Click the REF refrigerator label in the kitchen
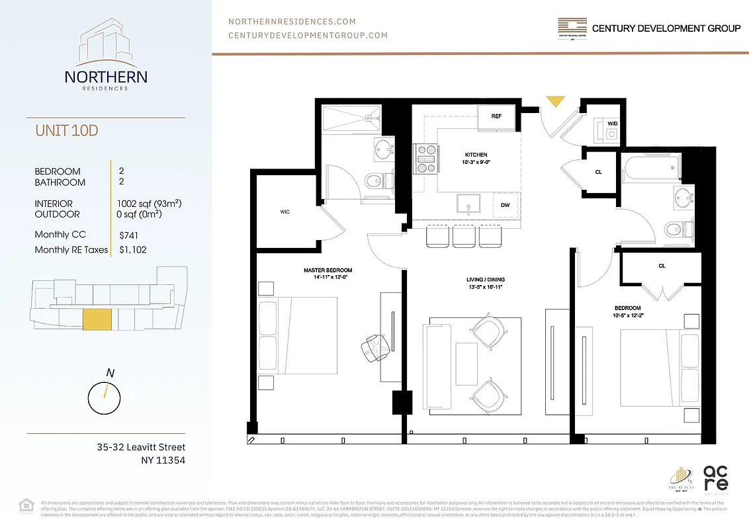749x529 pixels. click(496, 116)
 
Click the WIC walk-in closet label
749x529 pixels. click(285, 212)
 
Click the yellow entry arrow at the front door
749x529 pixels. click(554, 101)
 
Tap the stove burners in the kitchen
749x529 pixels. click(425, 155)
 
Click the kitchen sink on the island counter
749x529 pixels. click(468, 205)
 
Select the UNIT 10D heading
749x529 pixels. click(67, 130)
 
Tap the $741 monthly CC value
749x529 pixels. click(130, 235)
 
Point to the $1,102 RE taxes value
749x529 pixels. click(133, 250)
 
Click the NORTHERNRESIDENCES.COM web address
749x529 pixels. click(292, 22)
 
